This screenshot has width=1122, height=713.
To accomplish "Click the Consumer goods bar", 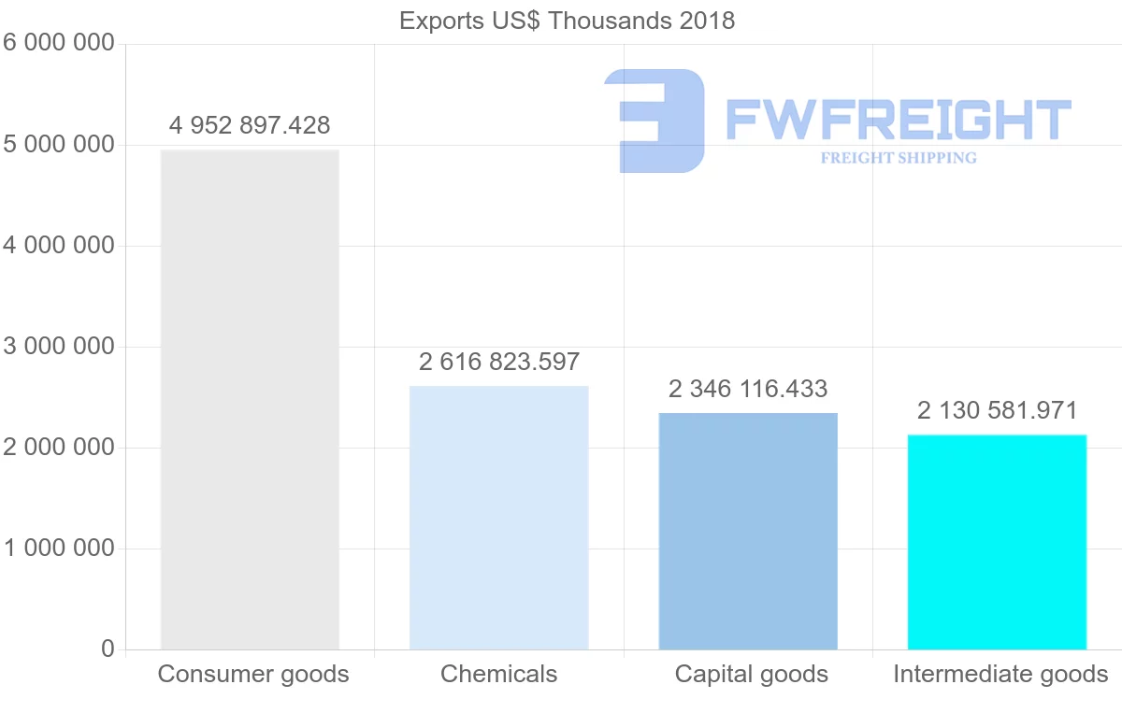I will pyautogui.click(x=250, y=399).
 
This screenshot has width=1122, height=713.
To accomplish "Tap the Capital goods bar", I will pyautogui.click(x=748, y=530).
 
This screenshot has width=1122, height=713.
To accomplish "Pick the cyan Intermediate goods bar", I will pyautogui.click(x=997, y=541).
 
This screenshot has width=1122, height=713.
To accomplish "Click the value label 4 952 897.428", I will pyautogui.click(x=250, y=125).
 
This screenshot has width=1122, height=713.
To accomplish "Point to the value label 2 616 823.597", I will pyautogui.click(x=499, y=362).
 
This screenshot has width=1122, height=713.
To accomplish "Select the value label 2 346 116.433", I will pyautogui.click(x=748, y=389).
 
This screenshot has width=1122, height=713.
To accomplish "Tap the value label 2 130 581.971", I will pyautogui.click(x=997, y=410).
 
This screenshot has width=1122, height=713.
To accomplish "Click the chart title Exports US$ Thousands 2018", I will pyautogui.click(x=567, y=21).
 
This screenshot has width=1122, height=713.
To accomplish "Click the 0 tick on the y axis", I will pyautogui.click(x=107, y=649).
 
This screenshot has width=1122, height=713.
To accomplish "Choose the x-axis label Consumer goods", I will pyautogui.click(x=253, y=674).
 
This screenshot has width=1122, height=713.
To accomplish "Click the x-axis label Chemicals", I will pyautogui.click(x=498, y=674).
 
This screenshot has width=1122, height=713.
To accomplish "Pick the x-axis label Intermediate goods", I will pyautogui.click(x=1000, y=674).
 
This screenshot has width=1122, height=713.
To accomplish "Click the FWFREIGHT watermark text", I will pyautogui.click(x=898, y=119).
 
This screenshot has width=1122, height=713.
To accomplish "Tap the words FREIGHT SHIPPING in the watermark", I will pyautogui.click(x=899, y=158).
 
